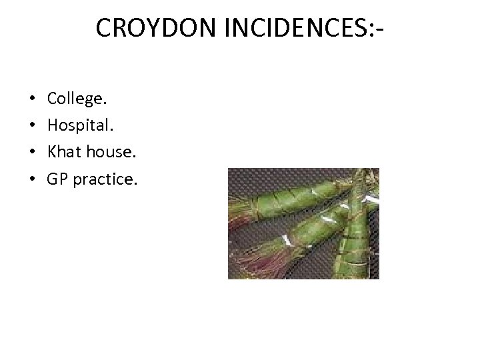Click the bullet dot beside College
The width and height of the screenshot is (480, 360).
[x=33, y=100]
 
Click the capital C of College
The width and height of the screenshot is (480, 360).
[x=52, y=99]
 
